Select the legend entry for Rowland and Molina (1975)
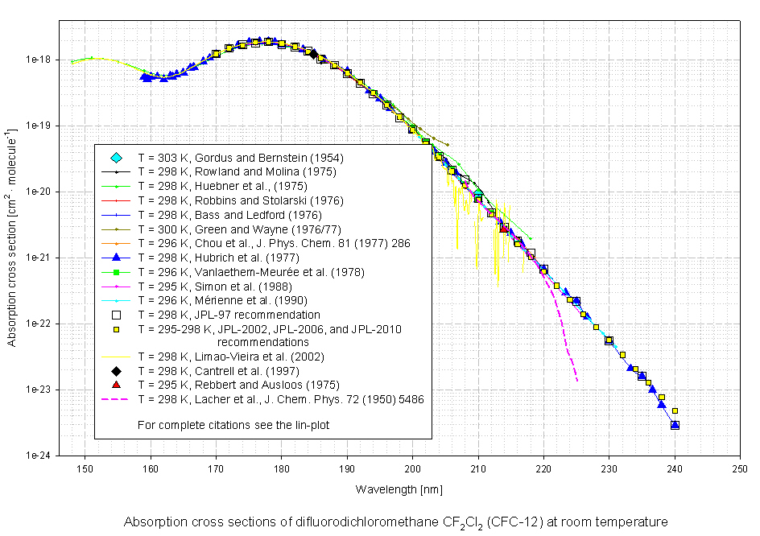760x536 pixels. point(236,171)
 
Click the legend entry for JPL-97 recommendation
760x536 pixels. point(229,315)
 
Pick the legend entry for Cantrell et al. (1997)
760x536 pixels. point(218,371)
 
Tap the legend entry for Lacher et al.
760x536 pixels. point(281,399)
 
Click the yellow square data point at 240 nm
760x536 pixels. point(675,411)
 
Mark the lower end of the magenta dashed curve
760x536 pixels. point(576,381)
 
